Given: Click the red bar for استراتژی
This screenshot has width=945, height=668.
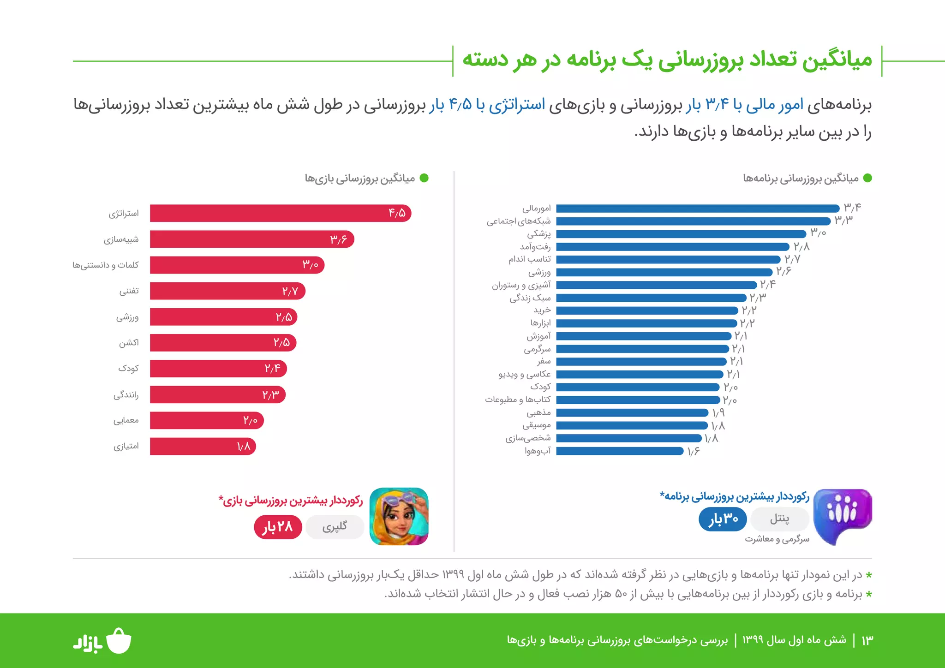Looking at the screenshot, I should [277, 213].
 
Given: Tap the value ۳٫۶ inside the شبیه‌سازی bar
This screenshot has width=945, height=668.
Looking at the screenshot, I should [338, 239].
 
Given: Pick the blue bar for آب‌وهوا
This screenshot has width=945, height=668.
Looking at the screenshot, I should [618, 451].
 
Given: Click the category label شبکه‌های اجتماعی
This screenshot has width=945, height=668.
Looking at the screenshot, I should [518, 221].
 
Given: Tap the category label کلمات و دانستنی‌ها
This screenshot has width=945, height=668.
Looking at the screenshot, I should [105, 265].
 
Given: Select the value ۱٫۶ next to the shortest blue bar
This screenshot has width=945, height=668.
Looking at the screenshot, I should [693, 451].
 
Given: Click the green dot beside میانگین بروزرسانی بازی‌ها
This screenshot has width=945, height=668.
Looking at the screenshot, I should [424, 178].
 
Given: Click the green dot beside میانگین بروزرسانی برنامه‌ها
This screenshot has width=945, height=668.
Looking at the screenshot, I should [867, 178].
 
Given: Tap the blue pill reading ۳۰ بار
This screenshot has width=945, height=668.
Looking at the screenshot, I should [723, 519].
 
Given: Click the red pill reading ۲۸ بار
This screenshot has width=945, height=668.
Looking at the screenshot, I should [278, 527].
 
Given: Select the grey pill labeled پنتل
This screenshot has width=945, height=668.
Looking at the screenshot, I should [779, 519].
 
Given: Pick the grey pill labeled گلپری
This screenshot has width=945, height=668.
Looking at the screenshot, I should [335, 527].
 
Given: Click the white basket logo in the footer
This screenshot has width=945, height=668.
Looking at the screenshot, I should [119, 641].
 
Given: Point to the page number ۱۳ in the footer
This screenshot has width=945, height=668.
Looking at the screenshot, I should [867, 640].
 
